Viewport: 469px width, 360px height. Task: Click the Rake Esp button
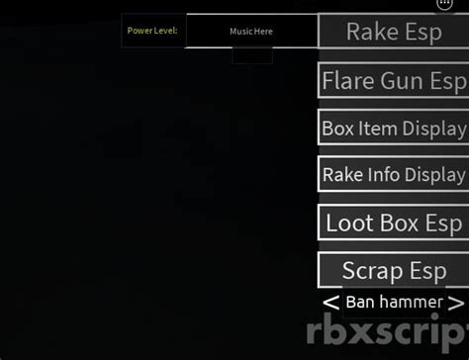[x=393, y=32]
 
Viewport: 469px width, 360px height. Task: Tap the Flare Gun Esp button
[x=393, y=80]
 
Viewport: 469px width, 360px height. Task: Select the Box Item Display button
[x=393, y=128]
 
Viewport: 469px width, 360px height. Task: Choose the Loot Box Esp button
[x=393, y=223]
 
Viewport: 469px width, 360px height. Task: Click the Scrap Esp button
[x=393, y=270]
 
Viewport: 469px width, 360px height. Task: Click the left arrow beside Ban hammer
[x=330, y=302]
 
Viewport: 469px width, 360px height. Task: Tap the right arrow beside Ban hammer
[x=455, y=302]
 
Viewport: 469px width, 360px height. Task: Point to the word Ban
[x=361, y=302]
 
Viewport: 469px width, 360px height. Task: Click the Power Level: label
[x=152, y=31]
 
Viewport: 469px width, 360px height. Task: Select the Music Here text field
[x=251, y=32]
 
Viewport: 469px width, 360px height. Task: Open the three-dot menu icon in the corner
[x=444, y=4]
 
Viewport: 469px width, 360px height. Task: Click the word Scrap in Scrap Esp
[x=372, y=270]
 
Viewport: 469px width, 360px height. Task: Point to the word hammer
[x=412, y=302]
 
